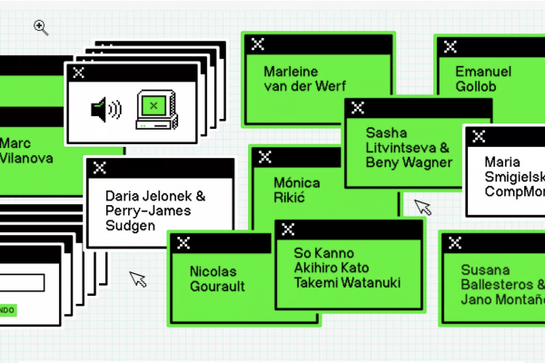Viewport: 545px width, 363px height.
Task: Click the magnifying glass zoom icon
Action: tap(40, 27)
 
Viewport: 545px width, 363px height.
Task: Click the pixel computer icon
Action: tap(154, 110)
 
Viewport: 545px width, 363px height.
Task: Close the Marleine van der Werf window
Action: tap(257, 44)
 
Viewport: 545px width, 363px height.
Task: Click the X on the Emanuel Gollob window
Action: tap(451, 46)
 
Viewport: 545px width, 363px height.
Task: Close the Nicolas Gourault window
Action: tap(183, 242)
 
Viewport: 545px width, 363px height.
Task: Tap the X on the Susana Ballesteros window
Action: tap(456, 241)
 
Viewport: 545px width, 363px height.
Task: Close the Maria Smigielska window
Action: tap(479, 136)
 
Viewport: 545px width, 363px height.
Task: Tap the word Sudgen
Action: tap(131, 225)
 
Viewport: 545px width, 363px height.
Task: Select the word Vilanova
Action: tap(27, 158)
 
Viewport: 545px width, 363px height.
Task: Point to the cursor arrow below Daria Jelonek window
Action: tap(137, 279)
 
